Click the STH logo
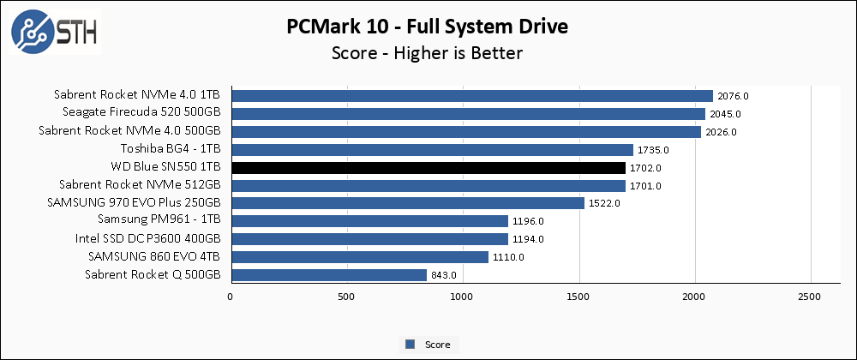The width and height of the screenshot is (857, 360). click(x=54, y=32)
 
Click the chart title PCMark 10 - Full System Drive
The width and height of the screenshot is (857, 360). click(x=428, y=27)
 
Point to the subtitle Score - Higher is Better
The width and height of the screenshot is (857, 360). click(x=428, y=53)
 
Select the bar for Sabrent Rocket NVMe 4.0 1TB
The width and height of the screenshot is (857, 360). click(x=471, y=96)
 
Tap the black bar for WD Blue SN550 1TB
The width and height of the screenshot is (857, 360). click(x=428, y=168)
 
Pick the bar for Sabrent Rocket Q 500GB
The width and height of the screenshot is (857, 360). click(x=328, y=275)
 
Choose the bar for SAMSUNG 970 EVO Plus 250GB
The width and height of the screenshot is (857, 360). click(x=407, y=203)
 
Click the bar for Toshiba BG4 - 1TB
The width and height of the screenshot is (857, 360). click(x=432, y=150)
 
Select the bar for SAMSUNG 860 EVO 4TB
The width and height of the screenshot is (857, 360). click(x=359, y=257)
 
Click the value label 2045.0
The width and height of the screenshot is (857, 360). click(x=725, y=114)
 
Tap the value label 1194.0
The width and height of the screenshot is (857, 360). click(x=528, y=239)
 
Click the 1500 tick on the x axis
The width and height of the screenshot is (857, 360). click(x=579, y=297)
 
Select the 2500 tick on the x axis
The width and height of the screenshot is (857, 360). click(x=812, y=297)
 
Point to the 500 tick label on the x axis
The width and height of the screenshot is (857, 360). click(x=347, y=297)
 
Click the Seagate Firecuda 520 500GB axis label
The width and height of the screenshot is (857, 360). click(x=141, y=114)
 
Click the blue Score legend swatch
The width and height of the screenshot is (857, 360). click(x=411, y=345)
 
